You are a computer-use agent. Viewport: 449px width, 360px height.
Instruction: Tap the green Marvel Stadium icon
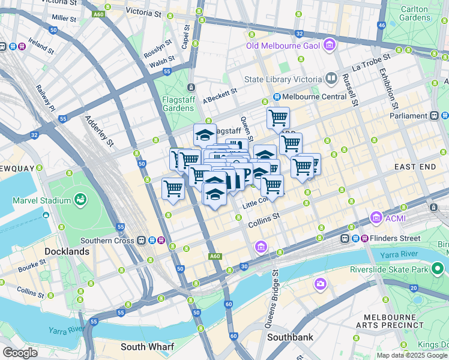79,199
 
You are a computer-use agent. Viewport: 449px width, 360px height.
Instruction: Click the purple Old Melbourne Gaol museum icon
329,46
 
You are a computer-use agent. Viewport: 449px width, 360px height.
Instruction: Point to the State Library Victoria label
283,79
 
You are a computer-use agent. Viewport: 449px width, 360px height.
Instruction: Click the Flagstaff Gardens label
178,104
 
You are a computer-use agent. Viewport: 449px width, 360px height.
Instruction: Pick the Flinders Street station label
396,238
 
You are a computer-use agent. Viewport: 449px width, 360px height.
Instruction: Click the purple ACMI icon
376,216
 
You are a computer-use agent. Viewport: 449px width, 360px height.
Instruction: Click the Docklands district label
67,251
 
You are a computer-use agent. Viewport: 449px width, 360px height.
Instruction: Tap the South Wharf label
147,347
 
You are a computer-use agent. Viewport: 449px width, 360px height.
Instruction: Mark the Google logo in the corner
20,353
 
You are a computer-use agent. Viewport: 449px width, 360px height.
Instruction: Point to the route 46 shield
381,25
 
